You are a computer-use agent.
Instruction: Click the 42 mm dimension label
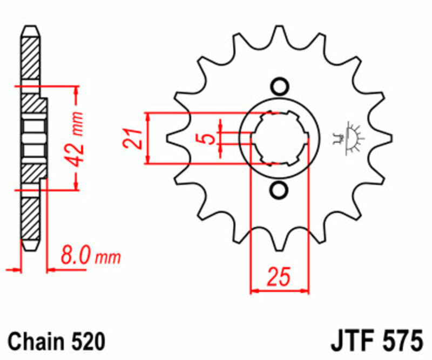pyautogui.click(x=77, y=139)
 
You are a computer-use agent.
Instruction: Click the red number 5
pyautogui.click(x=206, y=139)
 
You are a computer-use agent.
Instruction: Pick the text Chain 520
pyautogui.click(x=56, y=342)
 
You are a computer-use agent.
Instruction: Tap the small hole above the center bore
pyautogui.click(x=279, y=86)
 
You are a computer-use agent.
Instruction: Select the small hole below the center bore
pyautogui.click(x=279, y=190)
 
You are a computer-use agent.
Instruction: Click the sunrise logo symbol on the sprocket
pyautogui.click(x=351, y=138)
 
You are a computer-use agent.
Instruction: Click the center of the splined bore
pyautogui.click(x=279, y=138)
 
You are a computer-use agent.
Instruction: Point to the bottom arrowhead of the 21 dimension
pyautogui.click(x=148, y=159)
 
